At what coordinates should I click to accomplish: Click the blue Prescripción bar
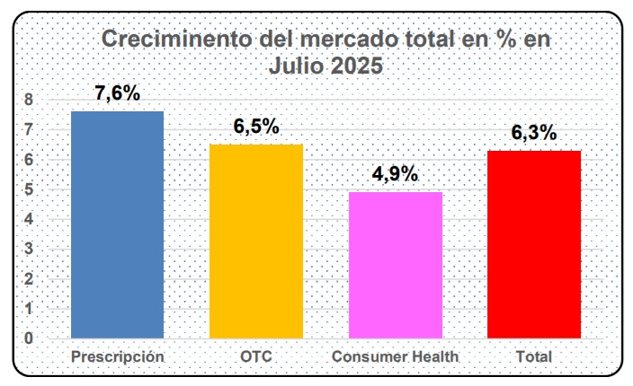118,224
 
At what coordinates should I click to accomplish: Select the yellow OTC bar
256,241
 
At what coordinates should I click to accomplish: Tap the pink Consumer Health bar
395,265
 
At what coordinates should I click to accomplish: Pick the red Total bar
534,244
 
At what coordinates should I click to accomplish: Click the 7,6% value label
118,94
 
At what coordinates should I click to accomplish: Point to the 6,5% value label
256,127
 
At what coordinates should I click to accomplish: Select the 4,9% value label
396,174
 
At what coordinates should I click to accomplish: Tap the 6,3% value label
534,133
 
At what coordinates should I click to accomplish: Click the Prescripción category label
118,356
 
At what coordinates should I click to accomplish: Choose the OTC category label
256,356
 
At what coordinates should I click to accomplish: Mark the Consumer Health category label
396,356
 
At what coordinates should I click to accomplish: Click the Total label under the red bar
534,356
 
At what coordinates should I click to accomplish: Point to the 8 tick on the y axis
29,100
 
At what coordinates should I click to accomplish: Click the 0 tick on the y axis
29,338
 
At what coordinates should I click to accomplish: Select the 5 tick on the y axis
29,189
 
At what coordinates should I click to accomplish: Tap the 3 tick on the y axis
29,249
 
